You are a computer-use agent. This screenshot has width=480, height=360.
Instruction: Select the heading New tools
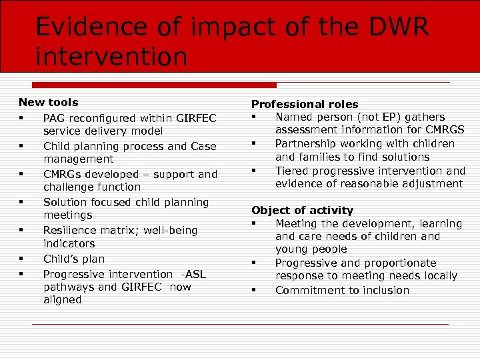click(x=48, y=102)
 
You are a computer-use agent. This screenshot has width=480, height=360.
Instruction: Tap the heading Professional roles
click(x=305, y=104)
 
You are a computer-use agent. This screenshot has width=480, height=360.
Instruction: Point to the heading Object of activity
click(x=302, y=210)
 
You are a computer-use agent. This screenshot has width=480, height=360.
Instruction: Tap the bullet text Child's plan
click(x=74, y=259)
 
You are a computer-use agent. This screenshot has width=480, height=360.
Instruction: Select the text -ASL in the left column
click(x=195, y=274)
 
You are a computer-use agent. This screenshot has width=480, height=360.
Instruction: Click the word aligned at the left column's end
click(x=63, y=300)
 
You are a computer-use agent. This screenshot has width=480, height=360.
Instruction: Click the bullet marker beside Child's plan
click(x=22, y=259)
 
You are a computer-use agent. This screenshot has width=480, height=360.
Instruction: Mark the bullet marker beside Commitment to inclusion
click(x=255, y=290)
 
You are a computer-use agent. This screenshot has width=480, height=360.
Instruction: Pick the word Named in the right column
click(x=294, y=117)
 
